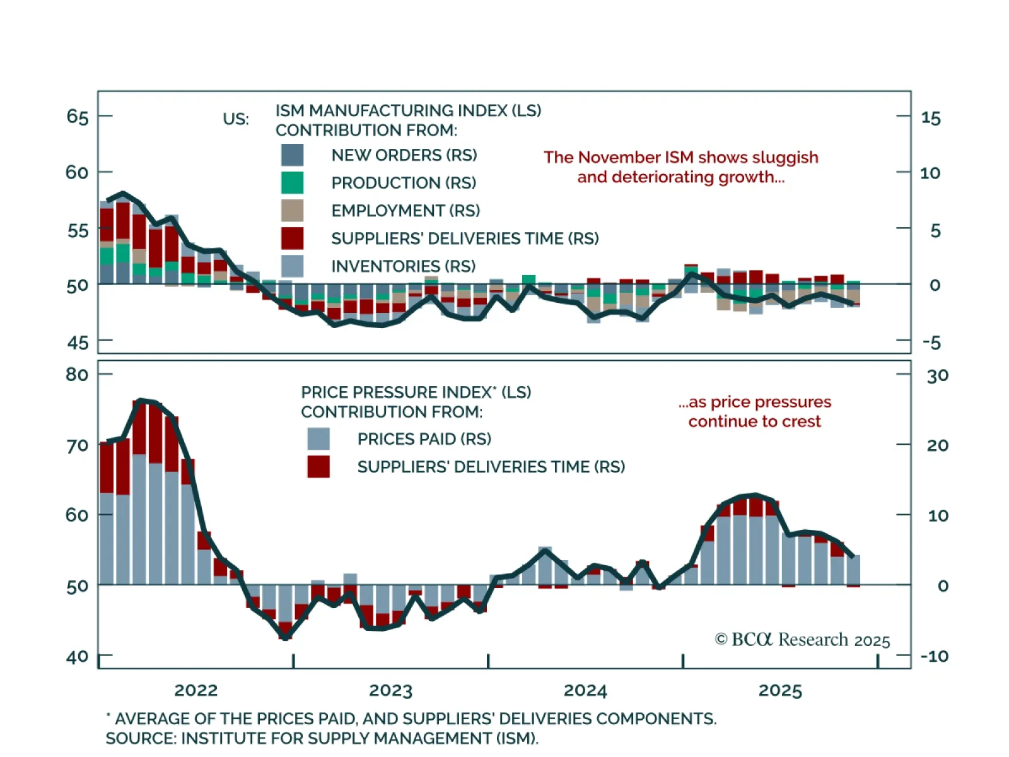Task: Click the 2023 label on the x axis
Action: pos(390,690)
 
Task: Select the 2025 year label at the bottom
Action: pos(780,690)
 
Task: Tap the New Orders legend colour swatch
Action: pos(292,155)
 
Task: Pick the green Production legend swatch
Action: pos(292,183)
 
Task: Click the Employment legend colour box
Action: pos(292,211)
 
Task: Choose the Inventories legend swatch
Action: pos(292,266)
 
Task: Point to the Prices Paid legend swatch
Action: pos(318,439)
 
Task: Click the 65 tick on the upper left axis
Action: pos(78,117)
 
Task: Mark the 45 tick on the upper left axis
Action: pos(78,343)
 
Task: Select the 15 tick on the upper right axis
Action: pos(931,118)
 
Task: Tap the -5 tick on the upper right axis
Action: pos(931,343)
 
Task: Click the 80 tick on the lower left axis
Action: pos(77,375)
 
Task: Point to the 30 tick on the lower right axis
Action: pos(937,376)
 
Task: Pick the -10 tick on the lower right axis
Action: pos(934,656)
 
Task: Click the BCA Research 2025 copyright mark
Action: pos(802,640)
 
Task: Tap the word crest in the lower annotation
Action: pos(802,421)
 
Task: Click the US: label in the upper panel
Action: pos(236,119)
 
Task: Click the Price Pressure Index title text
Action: pos(416,392)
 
